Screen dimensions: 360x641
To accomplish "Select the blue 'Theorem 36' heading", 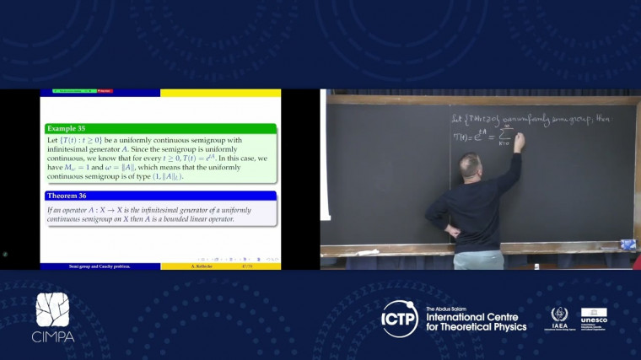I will (x=68, y=196).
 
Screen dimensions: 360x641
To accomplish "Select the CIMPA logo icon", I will (x=52, y=310).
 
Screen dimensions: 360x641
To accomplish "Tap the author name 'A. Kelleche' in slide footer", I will (x=197, y=266).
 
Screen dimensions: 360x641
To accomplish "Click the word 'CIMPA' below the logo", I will (x=53, y=336).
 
